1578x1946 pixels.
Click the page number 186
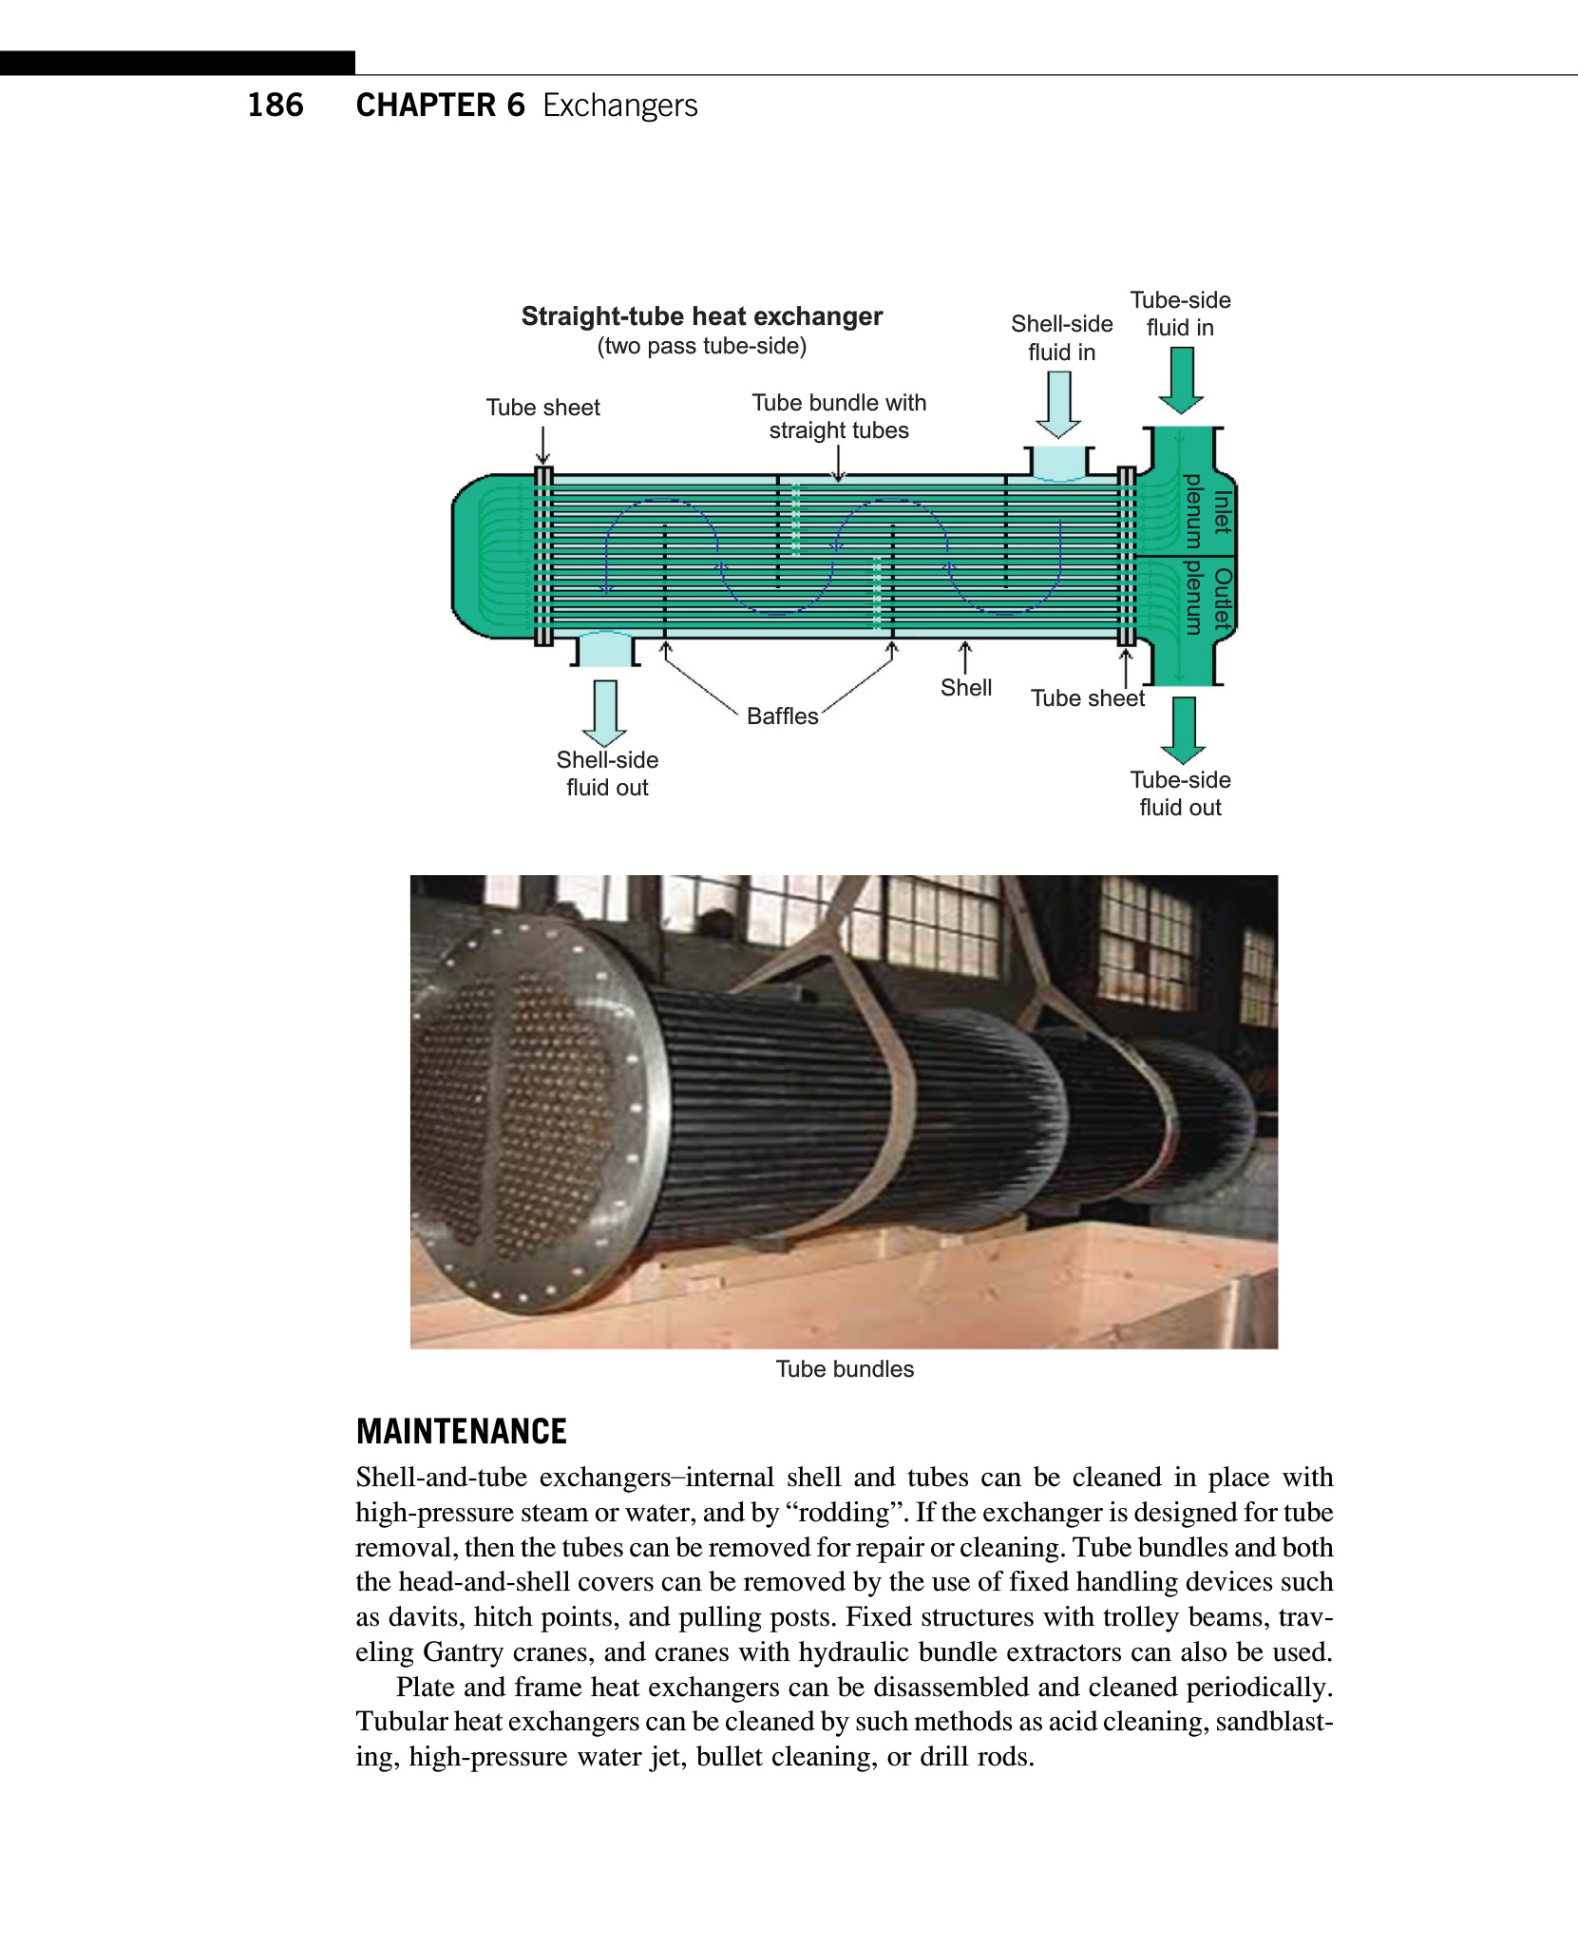tap(276, 105)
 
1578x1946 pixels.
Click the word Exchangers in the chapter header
tap(619, 105)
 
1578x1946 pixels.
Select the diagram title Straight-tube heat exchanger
tap(701, 316)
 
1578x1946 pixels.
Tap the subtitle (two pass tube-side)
tap(701, 346)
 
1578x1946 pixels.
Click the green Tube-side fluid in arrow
tap(1181, 379)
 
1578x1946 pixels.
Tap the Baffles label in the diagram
tap(782, 716)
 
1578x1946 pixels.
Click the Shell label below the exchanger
tap(966, 688)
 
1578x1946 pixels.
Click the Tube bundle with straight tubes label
tap(839, 416)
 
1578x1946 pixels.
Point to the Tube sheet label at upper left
tap(542, 408)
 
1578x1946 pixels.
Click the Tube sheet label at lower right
tap(1088, 698)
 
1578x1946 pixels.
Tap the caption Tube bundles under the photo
tap(845, 1369)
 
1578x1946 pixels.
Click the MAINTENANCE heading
tap(461, 1431)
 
